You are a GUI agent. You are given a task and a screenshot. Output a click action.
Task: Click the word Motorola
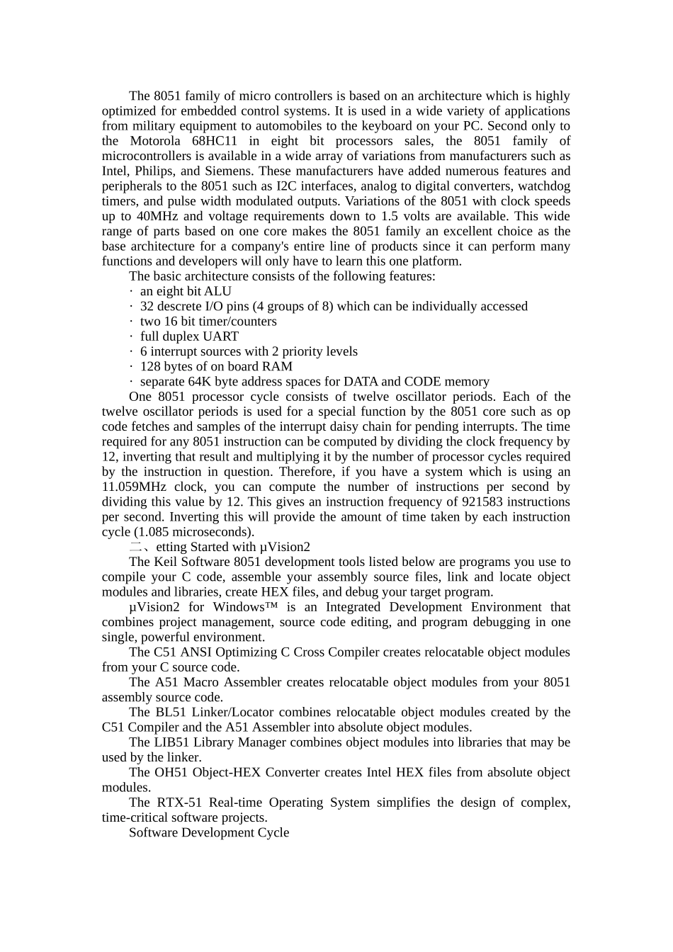click(x=156, y=141)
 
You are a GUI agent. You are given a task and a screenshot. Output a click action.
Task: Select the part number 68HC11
click(x=213, y=141)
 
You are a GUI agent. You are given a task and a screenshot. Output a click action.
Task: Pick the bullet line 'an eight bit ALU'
click(x=186, y=291)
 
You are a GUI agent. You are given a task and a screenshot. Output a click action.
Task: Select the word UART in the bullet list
click(x=220, y=336)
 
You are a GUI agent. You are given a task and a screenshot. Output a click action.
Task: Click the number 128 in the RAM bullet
click(x=150, y=366)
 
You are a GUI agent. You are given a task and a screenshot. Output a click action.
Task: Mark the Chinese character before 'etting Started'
click(x=136, y=547)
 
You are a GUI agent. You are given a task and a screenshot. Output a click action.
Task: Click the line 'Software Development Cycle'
click(x=209, y=832)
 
